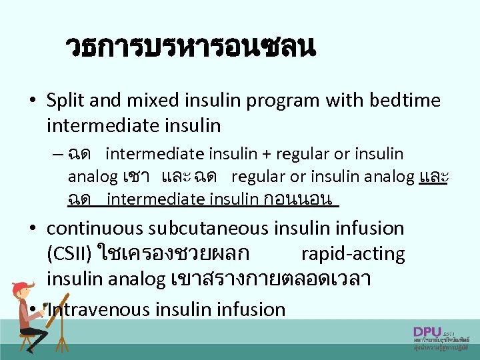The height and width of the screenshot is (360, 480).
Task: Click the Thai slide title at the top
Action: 190,48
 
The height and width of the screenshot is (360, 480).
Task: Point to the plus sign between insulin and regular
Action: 267,155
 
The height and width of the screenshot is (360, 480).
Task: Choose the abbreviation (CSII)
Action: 69,254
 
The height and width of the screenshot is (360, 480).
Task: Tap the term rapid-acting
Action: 353,254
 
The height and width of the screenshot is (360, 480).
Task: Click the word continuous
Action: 95,229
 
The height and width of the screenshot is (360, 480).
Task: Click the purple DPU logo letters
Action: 427,332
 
